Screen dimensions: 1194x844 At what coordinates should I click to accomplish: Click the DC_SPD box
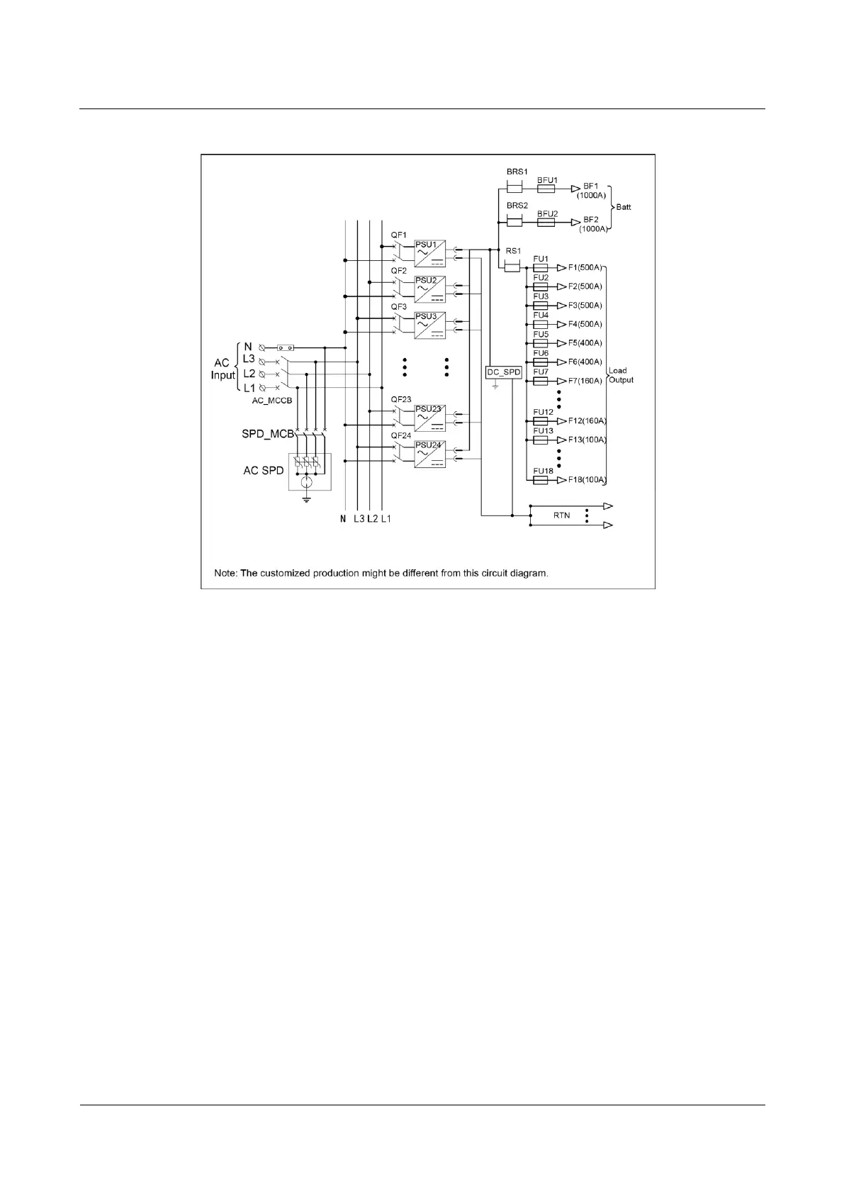(504, 372)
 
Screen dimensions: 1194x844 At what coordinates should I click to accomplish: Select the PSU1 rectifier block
(430, 252)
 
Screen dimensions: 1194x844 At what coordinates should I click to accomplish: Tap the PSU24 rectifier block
(430, 454)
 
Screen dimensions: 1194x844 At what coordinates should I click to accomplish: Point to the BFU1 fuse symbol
(546, 189)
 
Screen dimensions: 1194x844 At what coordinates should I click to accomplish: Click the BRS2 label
(517, 206)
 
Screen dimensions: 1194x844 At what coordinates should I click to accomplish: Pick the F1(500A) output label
(585, 268)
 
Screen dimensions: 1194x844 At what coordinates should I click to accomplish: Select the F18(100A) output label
(587, 480)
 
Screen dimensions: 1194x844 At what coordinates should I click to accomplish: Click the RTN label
(561, 515)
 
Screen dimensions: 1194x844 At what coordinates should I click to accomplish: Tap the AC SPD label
(263, 470)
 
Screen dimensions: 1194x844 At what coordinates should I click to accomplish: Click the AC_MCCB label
(273, 400)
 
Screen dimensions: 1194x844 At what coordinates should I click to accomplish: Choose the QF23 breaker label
(401, 399)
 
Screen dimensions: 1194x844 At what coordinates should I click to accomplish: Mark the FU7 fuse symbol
(541, 381)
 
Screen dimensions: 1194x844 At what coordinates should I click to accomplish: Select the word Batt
(623, 207)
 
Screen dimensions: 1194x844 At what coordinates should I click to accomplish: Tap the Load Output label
(621, 375)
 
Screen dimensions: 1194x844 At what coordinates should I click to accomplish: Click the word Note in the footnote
(225, 573)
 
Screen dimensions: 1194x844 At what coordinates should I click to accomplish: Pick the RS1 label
(513, 251)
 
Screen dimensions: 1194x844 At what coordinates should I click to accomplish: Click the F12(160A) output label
(587, 421)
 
